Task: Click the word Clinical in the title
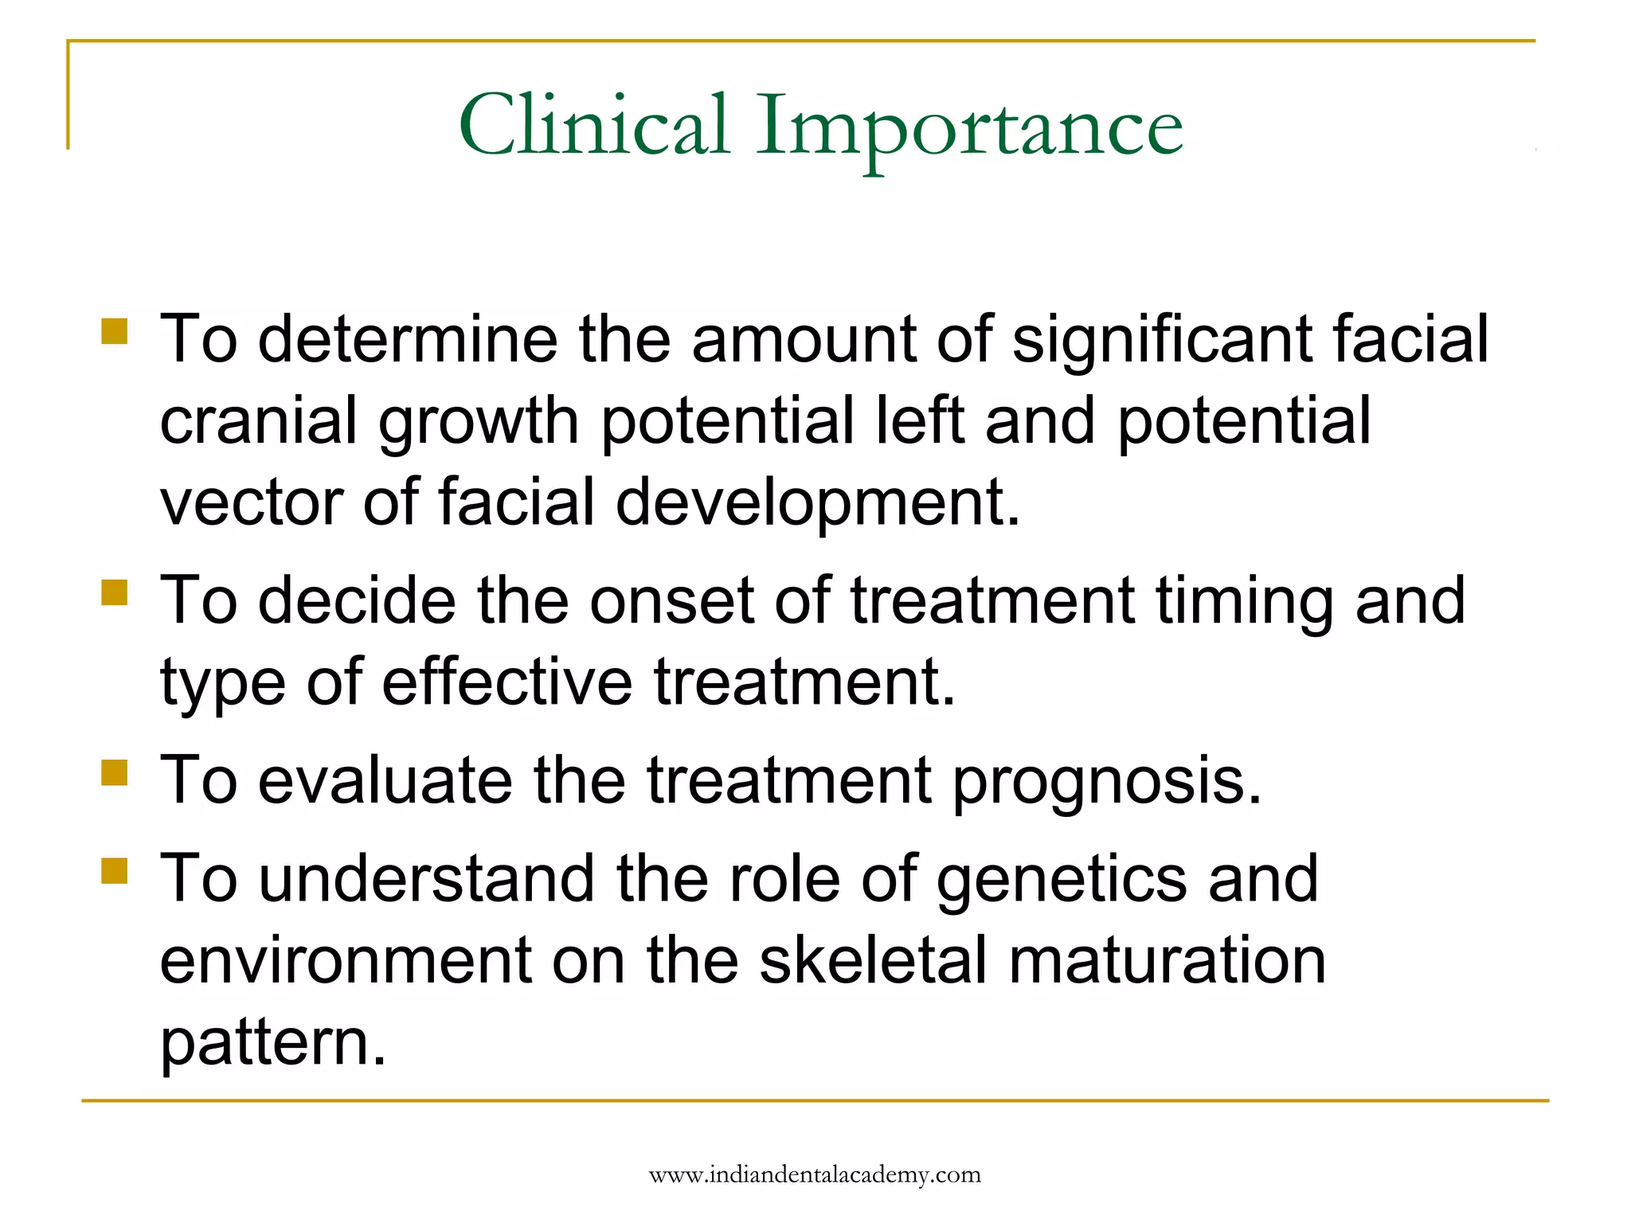(x=593, y=125)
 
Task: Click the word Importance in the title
(x=968, y=129)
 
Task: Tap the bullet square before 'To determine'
(x=115, y=331)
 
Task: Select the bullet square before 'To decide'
(x=115, y=592)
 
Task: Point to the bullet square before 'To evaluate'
(x=115, y=772)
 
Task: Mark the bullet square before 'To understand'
(x=115, y=871)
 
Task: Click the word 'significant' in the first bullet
(x=1161, y=341)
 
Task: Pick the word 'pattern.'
(x=273, y=1045)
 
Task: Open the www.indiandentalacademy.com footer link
(x=815, y=1175)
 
